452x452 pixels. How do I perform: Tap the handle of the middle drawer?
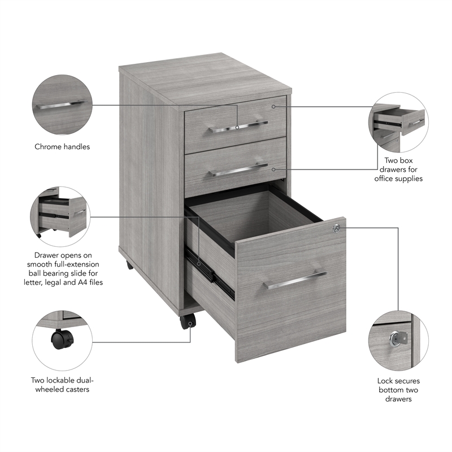click(238, 169)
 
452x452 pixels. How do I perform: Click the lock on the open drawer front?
click(336, 228)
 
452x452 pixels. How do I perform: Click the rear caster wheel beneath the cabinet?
click(129, 264)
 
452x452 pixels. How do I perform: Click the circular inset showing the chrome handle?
click(62, 105)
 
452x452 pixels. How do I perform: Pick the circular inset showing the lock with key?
click(398, 338)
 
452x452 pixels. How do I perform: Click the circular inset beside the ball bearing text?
click(62, 216)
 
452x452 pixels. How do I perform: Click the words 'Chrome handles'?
click(62, 147)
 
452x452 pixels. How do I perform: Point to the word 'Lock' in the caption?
click(387, 381)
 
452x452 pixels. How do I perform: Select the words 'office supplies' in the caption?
click(398, 179)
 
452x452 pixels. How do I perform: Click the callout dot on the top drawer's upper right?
click(274, 106)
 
